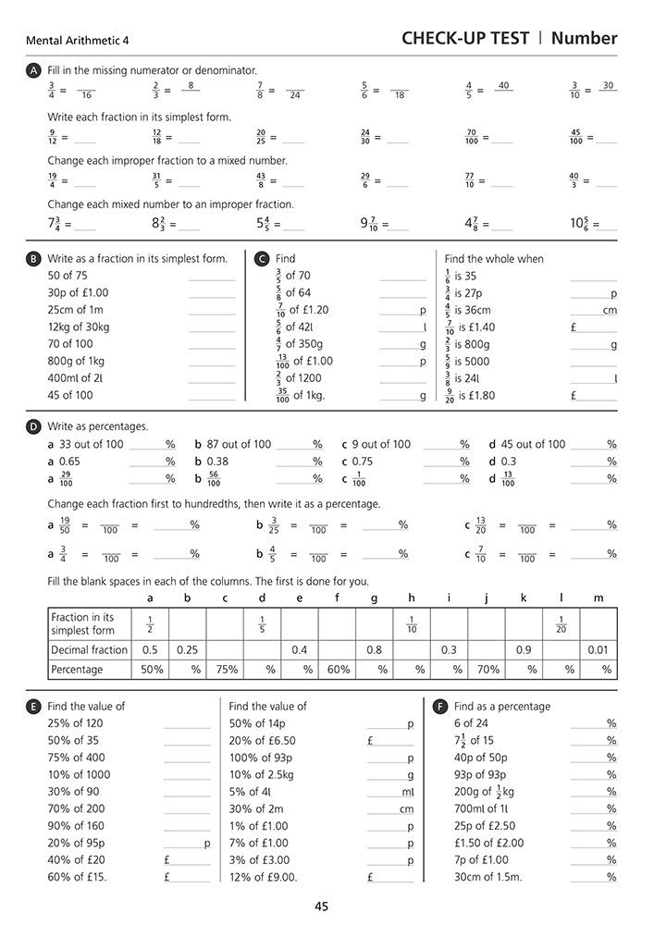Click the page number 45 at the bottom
pyautogui.click(x=322, y=906)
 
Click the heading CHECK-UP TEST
pyautogui.click(x=465, y=38)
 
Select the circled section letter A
pyautogui.click(x=34, y=70)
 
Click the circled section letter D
pyautogui.click(x=34, y=426)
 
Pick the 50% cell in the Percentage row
pyautogui.click(x=150, y=669)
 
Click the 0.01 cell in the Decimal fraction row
pyautogui.click(x=598, y=649)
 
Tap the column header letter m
pyautogui.click(x=598, y=598)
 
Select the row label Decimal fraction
pyautogui.click(x=90, y=649)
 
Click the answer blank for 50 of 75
pyautogui.click(x=212, y=276)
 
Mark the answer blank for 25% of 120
pyautogui.click(x=187, y=723)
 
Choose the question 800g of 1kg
pyautogui.click(x=76, y=361)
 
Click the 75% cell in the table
pyautogui.click(x=225, y=669)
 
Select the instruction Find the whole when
pyautogui.click(x=494, y=259)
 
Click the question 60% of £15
pyautogui.click(x=80, y=877)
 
